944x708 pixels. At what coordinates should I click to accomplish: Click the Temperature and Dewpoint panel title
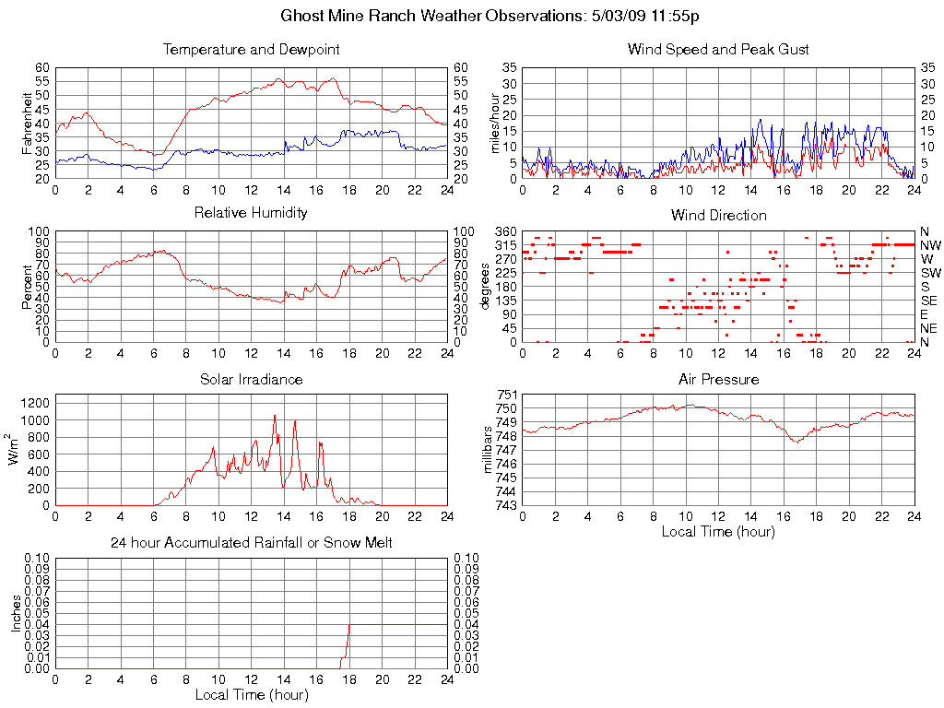point(251,49)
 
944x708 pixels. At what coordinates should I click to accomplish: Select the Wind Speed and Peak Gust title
point(718,49)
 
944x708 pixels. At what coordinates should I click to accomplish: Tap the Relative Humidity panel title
point(251,213)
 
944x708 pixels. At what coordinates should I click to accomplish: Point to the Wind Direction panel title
point(718,215)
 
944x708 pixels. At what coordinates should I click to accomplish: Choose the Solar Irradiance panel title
point(251,379)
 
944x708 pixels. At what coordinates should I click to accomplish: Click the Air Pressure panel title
point(718,379)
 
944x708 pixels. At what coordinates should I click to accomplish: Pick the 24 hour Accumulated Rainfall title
point(251,543)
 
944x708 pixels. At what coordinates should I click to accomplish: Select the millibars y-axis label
point(490,451)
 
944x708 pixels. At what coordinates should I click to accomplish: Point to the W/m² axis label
point(16,450)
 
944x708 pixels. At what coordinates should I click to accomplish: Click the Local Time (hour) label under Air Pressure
point(718,531)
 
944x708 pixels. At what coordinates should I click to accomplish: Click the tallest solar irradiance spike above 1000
point(275,417)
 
